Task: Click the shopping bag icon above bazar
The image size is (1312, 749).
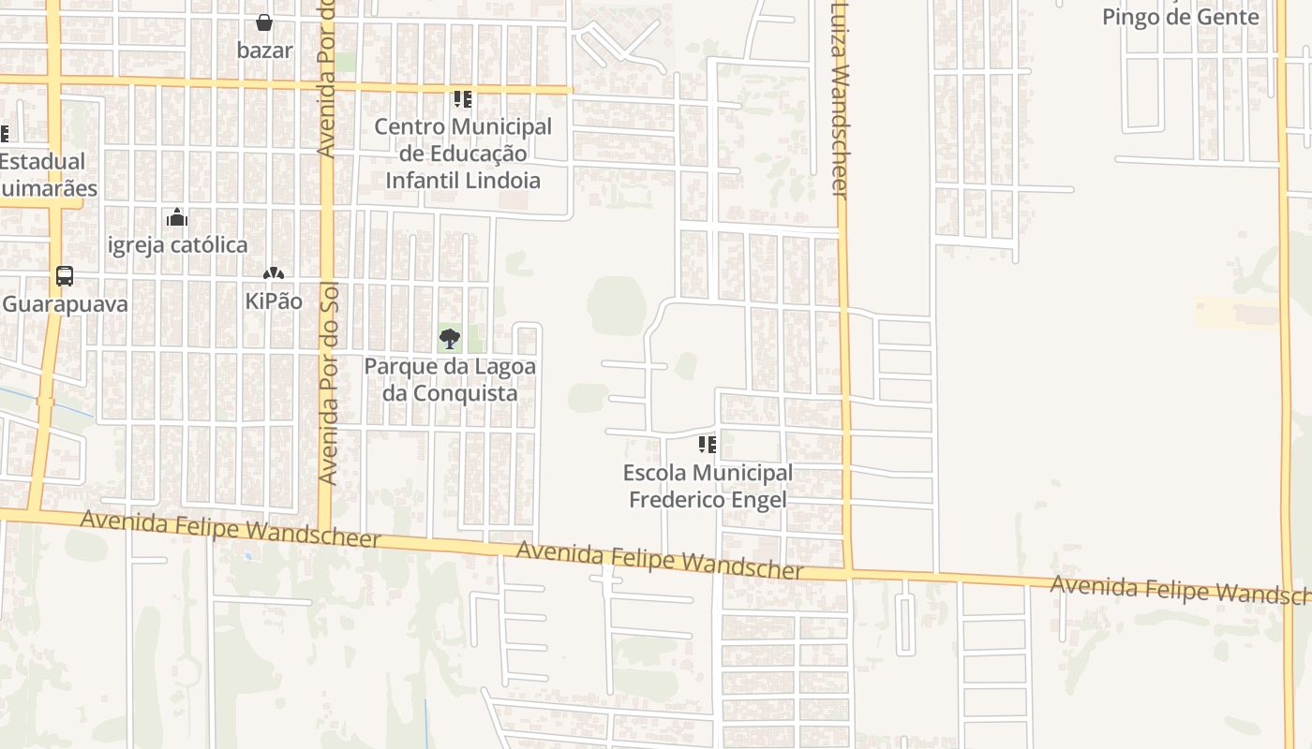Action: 264,22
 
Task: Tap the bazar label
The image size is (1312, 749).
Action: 264,50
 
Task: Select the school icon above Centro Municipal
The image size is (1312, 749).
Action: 462,99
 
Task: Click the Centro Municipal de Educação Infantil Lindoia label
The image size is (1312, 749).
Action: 463,154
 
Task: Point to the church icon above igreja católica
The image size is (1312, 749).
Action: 177,218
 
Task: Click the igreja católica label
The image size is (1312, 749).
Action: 178,245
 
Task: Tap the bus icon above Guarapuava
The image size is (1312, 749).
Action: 65,276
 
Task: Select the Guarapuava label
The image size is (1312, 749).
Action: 65,304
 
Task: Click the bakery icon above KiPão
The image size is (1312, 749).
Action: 273,274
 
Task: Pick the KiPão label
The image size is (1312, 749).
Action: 274,301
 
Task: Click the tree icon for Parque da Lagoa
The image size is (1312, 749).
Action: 450,339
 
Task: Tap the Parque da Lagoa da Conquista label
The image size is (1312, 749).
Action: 450,379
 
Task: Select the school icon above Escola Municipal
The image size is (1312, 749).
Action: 707,445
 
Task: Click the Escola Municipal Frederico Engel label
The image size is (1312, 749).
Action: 709,486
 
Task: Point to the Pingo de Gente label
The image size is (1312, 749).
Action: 1180,17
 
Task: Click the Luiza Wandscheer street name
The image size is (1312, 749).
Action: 839,98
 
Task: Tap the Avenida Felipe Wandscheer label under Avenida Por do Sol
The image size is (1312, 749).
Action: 231,529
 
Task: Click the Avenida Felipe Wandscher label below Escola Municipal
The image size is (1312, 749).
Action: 660,560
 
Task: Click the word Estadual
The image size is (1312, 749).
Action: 41,161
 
